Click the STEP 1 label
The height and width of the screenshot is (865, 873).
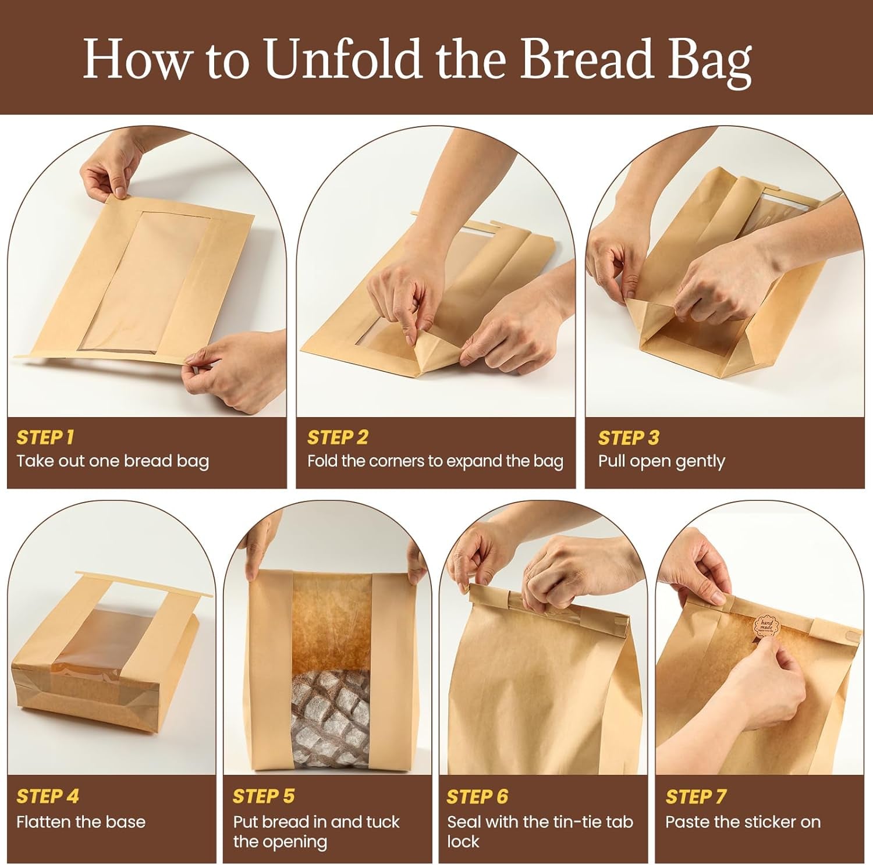pos(45,437)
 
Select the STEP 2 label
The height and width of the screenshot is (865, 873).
pos(338,437)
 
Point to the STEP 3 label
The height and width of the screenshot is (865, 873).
pos(629,437)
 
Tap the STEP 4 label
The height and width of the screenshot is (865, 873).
pos(47,796)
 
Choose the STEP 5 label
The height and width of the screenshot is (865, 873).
pos(264,796)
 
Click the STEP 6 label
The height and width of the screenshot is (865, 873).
pos(477,796)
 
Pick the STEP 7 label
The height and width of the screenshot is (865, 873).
pos(696,796)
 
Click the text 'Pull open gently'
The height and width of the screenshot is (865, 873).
pos(662,461)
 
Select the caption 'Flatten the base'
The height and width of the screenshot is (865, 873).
pos(81,821)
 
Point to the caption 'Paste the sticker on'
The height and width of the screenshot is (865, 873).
pos(743,821)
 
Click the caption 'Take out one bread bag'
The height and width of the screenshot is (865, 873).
pos(112,461)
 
